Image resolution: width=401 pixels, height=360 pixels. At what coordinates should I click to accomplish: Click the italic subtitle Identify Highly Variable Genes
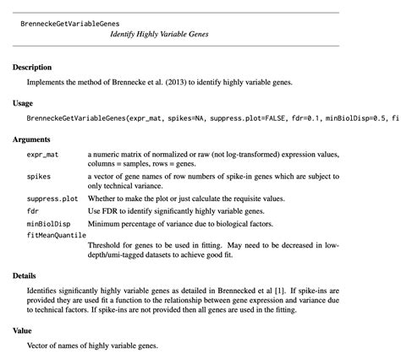click(159, 35)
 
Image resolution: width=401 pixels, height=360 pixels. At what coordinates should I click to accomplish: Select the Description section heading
click(32, 67)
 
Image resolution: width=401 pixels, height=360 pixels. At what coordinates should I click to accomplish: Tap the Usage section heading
click(23, 103)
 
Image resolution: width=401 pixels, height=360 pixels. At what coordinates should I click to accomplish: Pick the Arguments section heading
click(31, 139)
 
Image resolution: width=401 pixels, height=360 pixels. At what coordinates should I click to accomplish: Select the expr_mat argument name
click(43, 155)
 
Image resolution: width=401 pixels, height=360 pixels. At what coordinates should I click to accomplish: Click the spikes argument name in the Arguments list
click(39, 177)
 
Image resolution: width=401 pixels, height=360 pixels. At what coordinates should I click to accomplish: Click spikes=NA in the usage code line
click(214, 119)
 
